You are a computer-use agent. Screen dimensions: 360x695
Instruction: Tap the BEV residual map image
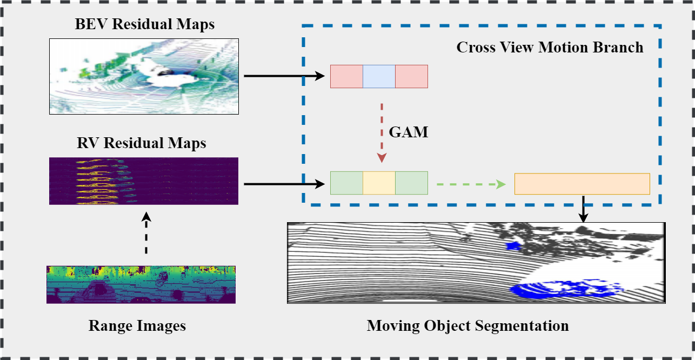click(144, 76)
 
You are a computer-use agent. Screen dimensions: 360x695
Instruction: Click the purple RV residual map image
click(144, 181)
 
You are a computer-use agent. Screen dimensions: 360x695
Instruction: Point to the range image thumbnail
click(141, 284)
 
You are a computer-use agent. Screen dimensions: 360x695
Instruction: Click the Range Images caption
click(137, 326)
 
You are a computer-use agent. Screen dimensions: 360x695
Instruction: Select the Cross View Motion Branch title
click(550, 48)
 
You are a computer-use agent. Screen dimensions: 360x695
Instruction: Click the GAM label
click(409, 132)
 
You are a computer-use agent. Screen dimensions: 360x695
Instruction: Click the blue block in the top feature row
click(379, 76)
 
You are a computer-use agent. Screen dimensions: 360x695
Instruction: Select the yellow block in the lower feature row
click(379, 183)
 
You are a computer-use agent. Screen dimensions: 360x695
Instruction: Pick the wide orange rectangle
click(582, 184)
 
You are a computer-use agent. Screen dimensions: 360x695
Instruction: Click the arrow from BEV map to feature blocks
click(286, 76)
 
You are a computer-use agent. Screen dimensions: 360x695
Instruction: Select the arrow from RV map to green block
click(286, 184)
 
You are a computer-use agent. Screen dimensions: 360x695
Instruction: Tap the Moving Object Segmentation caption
click(467, 326)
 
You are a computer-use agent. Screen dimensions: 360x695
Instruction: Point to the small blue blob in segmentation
click(512, 246)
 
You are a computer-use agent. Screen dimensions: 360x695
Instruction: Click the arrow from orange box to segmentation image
click(583, 209)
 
